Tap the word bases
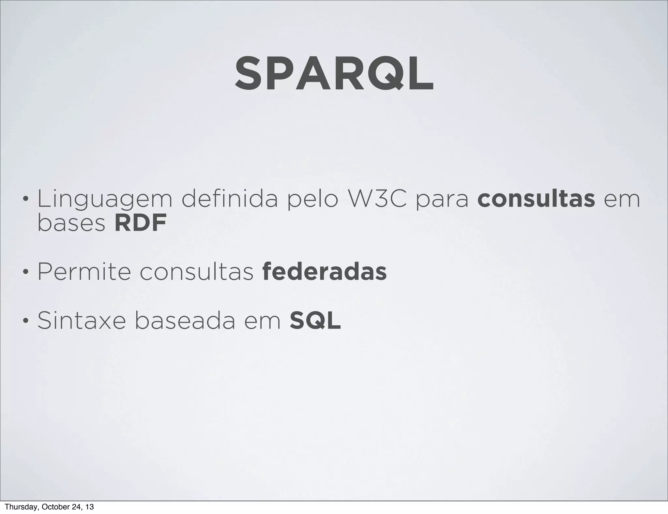point(71,223)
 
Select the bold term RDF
point(141,223)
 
